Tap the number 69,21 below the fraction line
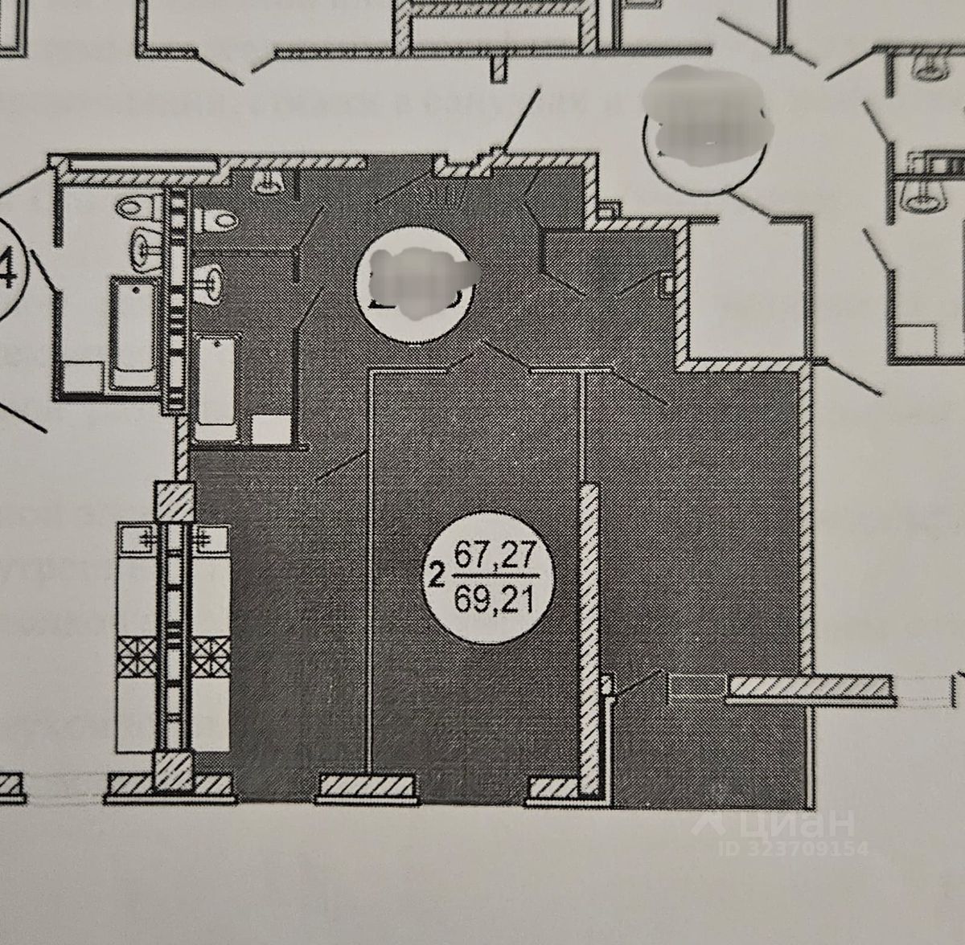click(x=494, y=599)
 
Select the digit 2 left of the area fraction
click(x=437, y=575)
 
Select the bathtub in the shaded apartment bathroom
click(x=216, y=389)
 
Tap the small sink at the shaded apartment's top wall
click(x=266, y=182)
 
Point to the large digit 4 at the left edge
click(x=11, y=273)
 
